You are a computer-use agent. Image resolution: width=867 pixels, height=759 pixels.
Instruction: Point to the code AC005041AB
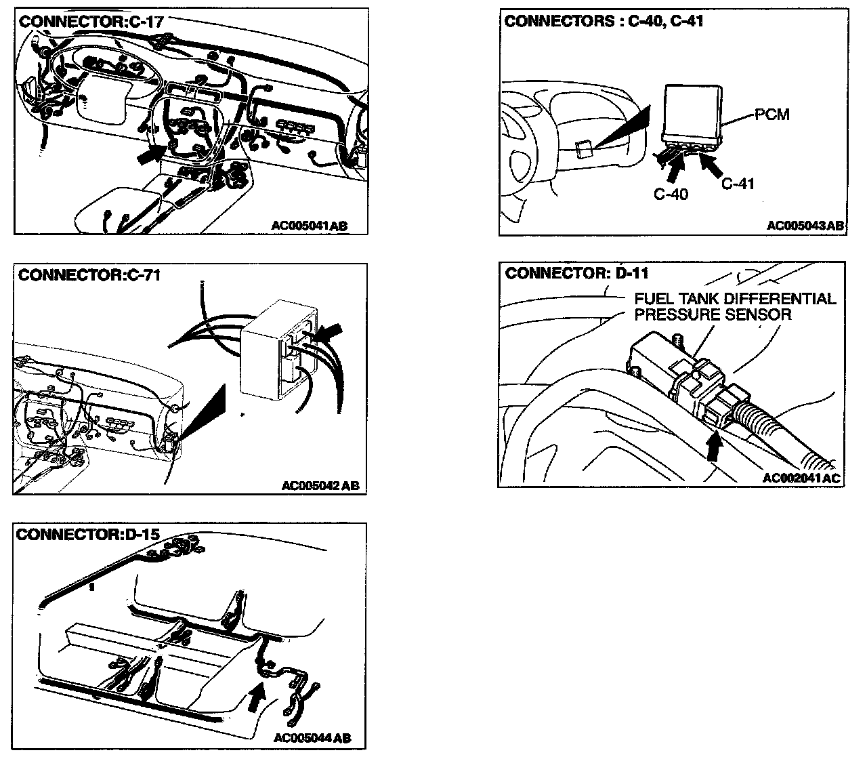tap(309, 226)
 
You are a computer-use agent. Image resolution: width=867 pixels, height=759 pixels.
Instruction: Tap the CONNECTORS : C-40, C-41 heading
tap(604, 21)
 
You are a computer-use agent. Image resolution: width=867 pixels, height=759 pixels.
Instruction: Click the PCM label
tap(772, 114)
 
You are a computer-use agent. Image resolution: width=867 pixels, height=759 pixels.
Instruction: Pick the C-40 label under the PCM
tap(671, 194)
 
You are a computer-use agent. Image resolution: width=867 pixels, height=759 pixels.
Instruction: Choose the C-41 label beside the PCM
tap(737, 183)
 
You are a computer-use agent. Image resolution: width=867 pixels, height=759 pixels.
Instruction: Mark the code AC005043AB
tap(805, 226)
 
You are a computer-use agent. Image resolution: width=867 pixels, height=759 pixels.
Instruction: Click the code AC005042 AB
tap(320, 485)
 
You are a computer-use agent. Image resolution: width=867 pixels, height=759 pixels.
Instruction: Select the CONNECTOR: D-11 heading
tap(576, 273)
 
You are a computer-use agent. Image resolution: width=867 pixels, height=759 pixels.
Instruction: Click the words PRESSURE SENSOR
tap(713, 314)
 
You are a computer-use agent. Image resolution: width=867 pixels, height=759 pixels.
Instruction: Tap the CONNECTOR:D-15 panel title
tap(88, 534)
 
